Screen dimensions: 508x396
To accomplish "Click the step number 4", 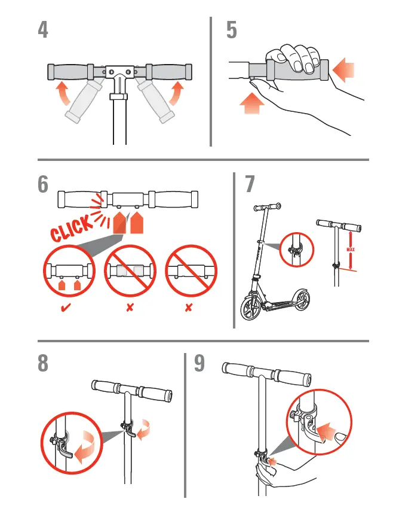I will pos(43,30).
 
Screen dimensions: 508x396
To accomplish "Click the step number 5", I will pos(232,30).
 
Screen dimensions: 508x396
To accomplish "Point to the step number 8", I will pos(43,364).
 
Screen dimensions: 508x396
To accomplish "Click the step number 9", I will pos(200,364).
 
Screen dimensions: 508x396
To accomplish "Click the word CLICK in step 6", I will pos(72,227).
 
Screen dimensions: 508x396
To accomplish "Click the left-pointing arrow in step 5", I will pos(343,71).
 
